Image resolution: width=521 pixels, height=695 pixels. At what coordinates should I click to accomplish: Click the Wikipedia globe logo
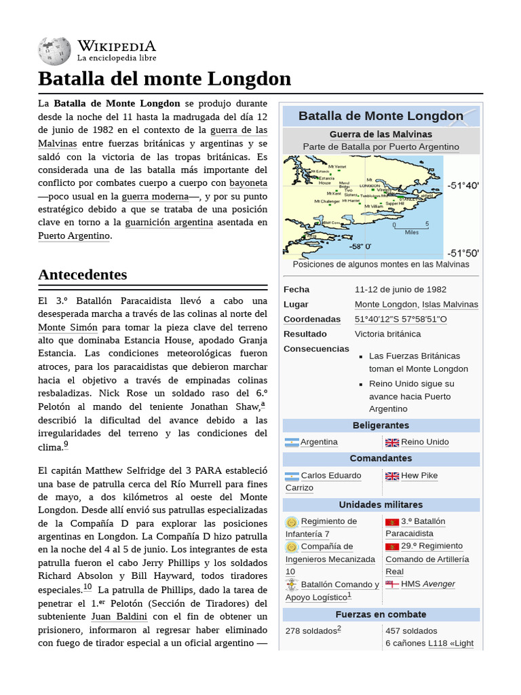click(54, 52)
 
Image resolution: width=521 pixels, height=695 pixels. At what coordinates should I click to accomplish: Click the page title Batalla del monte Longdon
click(164, 79)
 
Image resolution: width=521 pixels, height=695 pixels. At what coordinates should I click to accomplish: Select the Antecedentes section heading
click(83, 275)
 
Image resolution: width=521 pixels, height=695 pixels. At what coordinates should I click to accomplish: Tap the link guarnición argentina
click(169, 222)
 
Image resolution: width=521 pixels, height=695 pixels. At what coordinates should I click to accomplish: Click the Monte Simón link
click(68, 327)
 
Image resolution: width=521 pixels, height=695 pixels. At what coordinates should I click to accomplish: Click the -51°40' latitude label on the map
click(463, 185)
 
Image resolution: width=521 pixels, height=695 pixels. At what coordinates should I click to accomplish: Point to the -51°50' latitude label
click(463, 252)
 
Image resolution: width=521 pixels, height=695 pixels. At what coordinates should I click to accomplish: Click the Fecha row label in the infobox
click(296, 290)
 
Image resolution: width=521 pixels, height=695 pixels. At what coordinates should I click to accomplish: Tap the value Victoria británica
click(387, 334)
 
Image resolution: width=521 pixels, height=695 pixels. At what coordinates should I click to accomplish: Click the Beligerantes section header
click(381, 426)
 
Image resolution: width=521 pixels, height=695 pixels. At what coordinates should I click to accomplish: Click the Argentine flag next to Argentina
click(292, 443)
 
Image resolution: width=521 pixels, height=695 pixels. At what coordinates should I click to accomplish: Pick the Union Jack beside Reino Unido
click(392, 443)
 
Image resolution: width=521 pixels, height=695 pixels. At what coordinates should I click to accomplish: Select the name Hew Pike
click(419, 476)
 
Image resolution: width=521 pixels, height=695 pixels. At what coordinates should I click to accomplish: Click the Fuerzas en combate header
click(381, 614)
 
